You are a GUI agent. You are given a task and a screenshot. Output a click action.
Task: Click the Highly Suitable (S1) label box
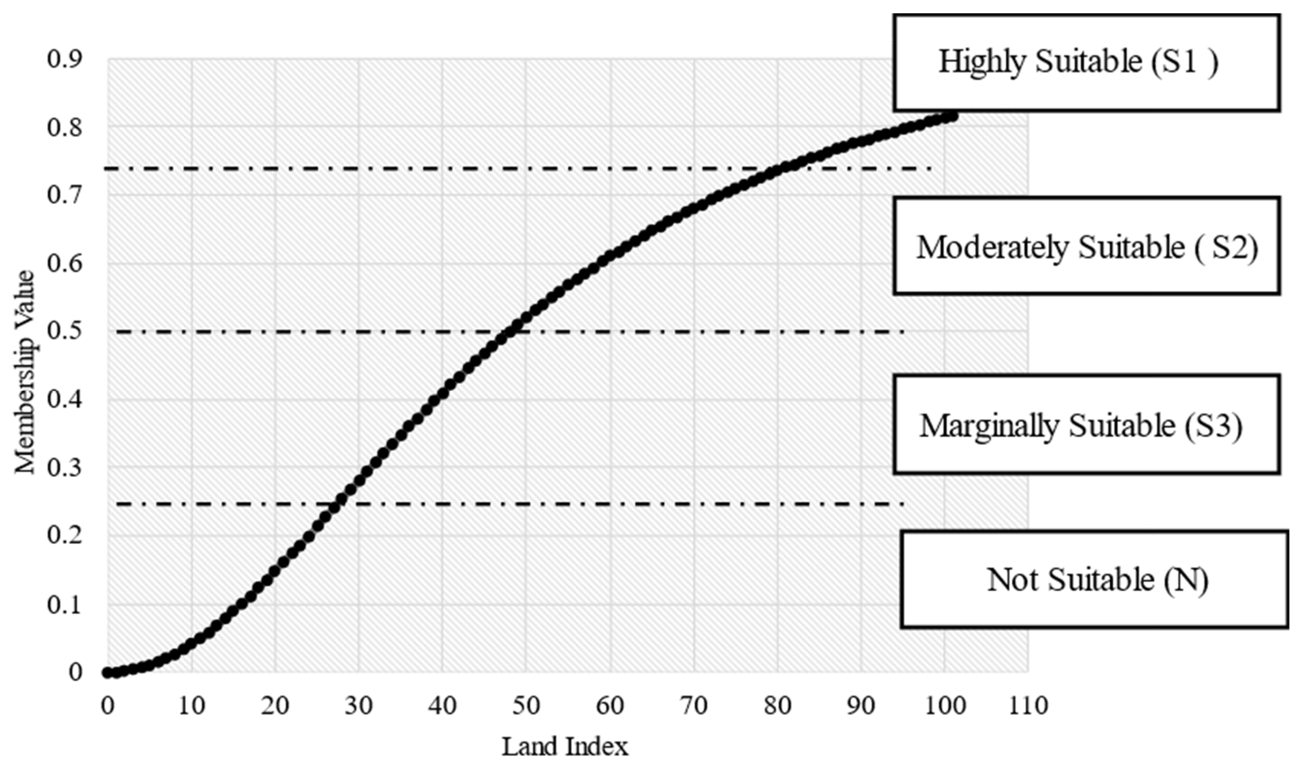[x=1086, y=63]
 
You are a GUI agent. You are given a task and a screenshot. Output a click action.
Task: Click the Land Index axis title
[x=565, y=746]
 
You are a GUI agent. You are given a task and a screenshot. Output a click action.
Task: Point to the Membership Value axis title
[x=25, y=371]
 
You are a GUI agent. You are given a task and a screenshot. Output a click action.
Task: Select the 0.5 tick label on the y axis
[x=64, y=331]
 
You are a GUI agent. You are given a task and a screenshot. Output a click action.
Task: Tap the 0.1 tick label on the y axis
[x=64, y=604]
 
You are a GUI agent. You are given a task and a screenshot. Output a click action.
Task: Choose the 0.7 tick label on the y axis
[x=64, y=196]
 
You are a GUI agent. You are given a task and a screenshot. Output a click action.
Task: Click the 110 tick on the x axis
[x=1028, y=706]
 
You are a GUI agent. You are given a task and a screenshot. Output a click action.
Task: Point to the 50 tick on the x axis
[x=526, y=706]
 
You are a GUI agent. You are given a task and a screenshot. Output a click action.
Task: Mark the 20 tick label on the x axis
[x=275, y=706]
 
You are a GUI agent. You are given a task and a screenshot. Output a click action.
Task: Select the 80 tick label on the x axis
[x=777, y=706]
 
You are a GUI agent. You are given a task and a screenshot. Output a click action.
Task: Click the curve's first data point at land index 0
[x=108, y=672]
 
